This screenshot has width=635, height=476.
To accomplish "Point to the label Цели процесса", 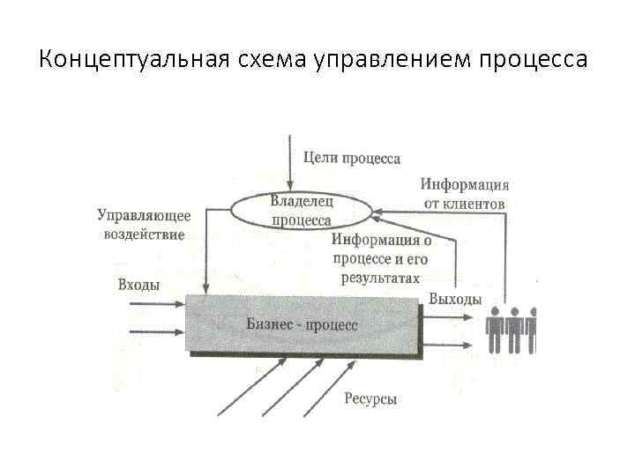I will [351, 159].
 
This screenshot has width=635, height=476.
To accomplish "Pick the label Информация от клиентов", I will [464, 194].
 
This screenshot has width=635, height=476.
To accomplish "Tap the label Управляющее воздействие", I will [144, 224].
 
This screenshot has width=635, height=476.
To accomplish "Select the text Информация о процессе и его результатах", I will [382, 258].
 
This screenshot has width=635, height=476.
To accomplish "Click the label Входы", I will [138, 284].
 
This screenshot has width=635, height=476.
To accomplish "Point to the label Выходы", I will [455, 299].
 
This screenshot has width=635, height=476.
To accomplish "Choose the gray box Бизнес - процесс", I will [303, 324].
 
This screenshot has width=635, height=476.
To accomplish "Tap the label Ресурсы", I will [370, 399].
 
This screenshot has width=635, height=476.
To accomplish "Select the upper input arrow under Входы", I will [156, 305].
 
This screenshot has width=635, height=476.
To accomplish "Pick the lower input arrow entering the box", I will [156, 332].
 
